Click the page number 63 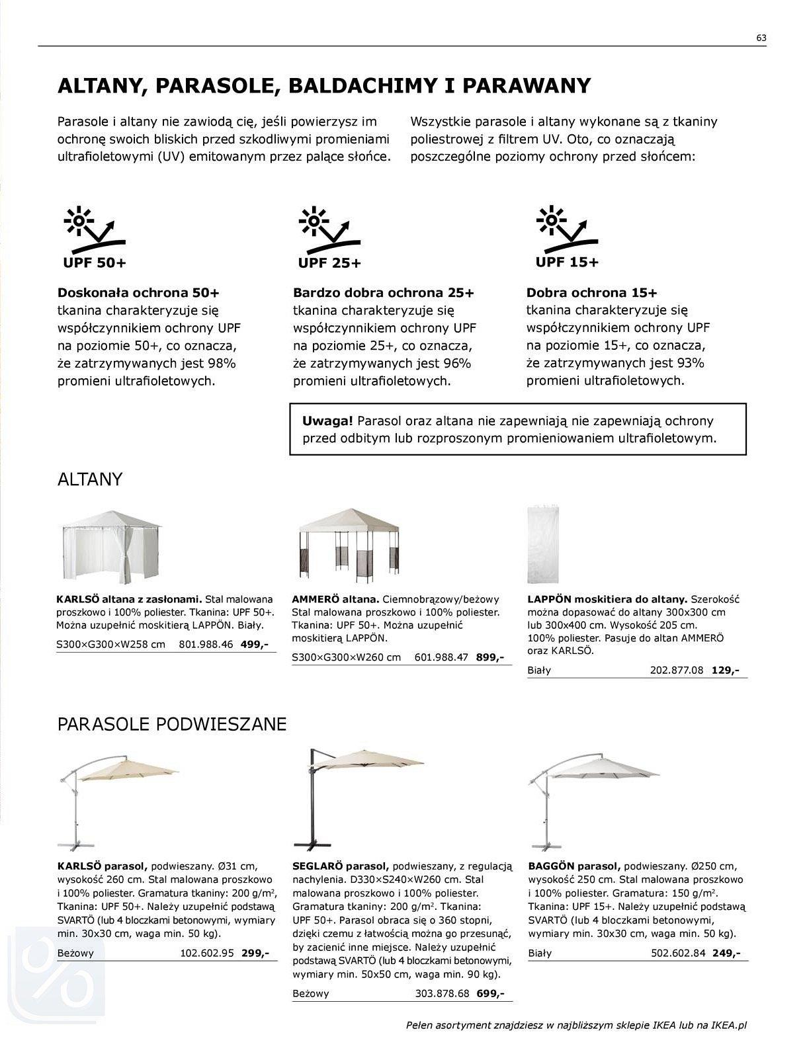761,38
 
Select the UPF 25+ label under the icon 329,263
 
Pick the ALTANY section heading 90,479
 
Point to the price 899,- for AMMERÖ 490,657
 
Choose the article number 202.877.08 677,670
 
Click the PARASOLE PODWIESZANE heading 172,724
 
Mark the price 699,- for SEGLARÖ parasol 490,993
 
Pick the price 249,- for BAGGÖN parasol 726,953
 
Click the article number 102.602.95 207,953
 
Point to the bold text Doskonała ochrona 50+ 138,293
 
